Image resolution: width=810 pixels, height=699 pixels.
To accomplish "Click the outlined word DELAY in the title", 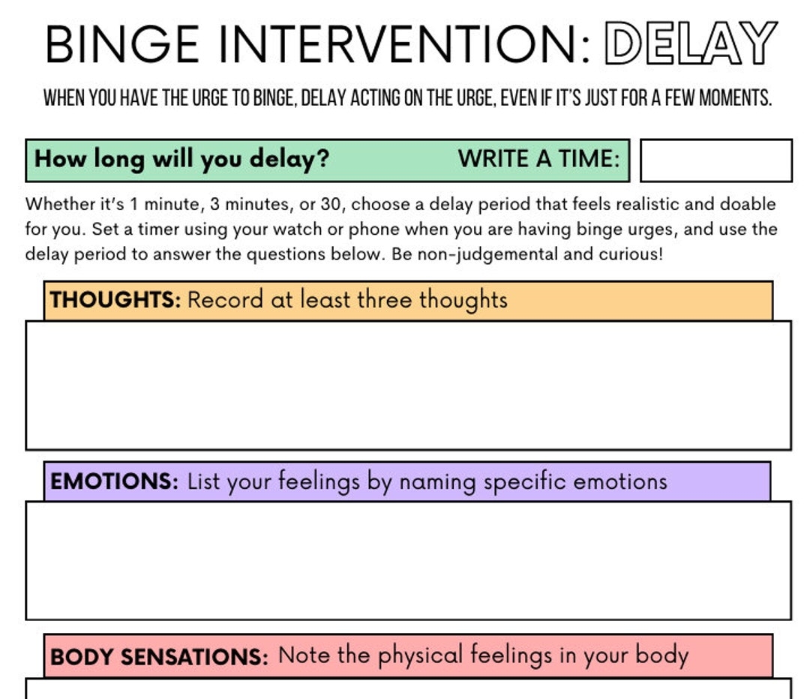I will (690, 43).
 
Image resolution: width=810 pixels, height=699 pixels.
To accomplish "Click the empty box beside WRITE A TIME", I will (715, 160).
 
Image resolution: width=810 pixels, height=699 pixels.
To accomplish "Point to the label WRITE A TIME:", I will (539, 159).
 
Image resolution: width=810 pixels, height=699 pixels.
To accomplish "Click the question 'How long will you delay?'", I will (182, 159).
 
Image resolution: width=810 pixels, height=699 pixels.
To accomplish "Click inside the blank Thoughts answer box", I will (408, 385).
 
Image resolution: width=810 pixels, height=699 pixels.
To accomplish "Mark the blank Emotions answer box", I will (408, 560).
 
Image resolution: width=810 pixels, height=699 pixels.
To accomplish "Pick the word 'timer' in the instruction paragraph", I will (159, 229).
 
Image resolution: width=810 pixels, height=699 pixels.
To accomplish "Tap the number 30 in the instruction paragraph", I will (331, 205).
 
